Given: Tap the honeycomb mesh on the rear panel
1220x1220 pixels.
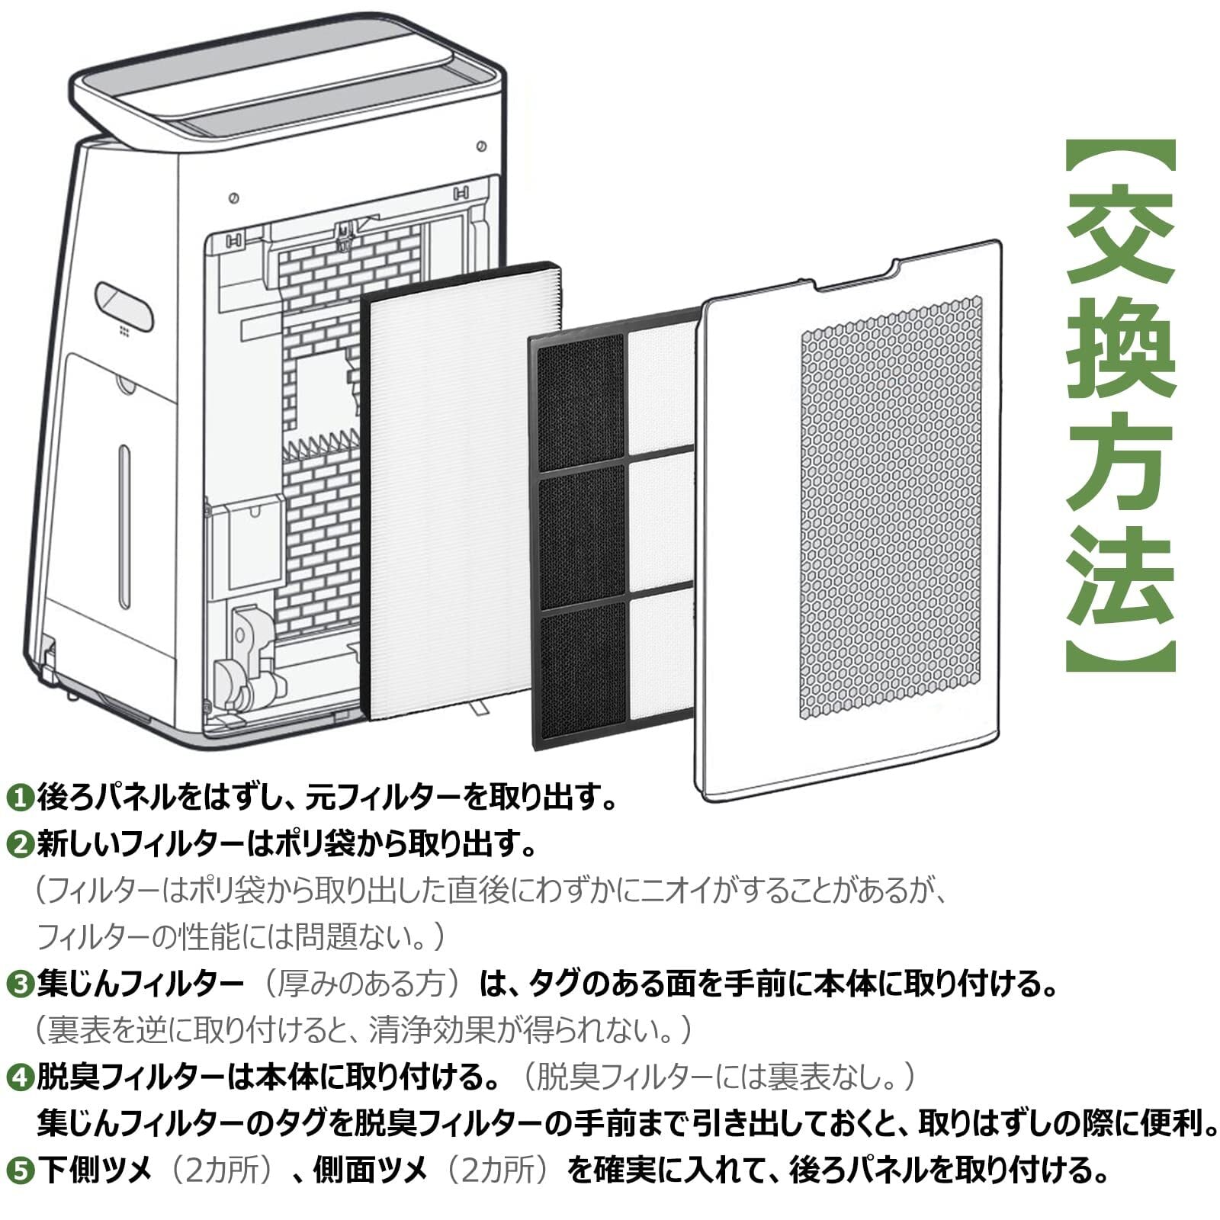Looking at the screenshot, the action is click(891, 507).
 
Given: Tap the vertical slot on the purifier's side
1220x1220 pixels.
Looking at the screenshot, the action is click(124, 527).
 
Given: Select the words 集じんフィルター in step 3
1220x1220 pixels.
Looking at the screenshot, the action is click(140, 984).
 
